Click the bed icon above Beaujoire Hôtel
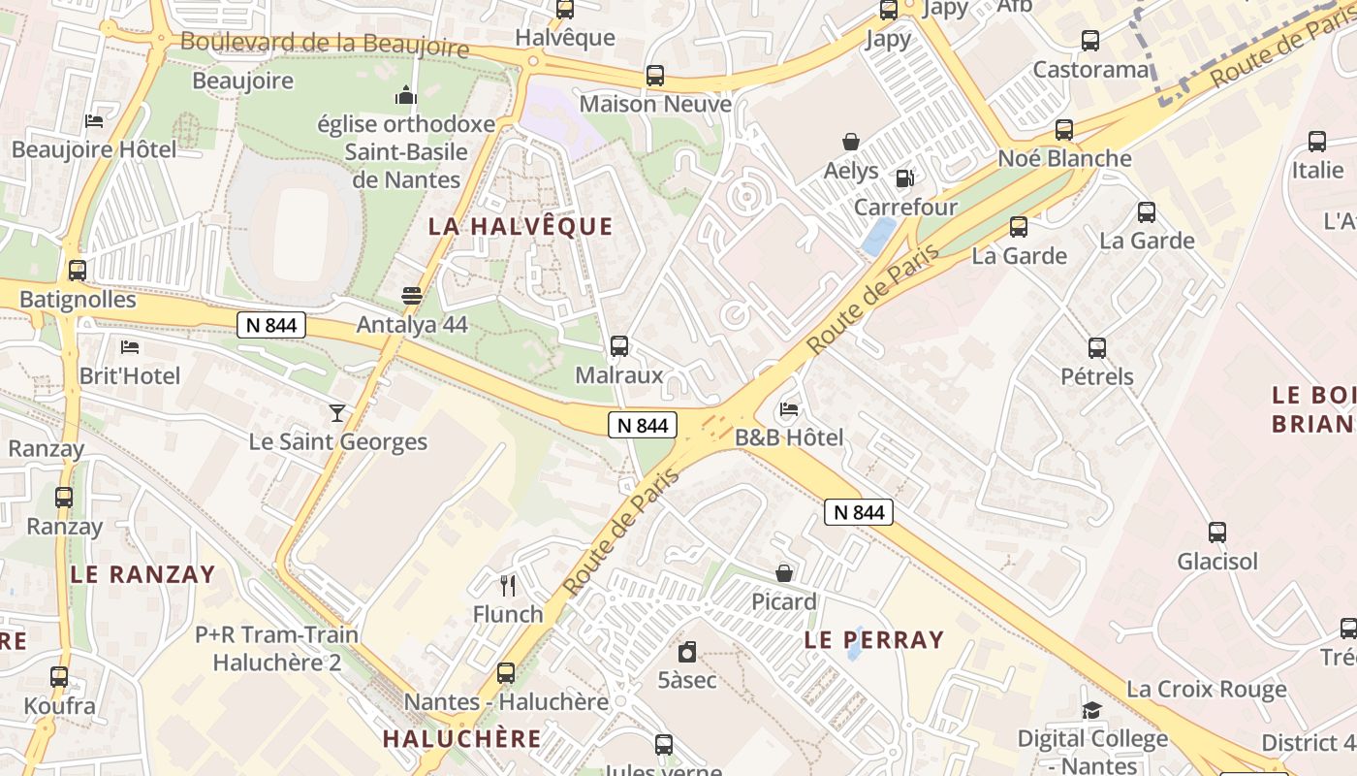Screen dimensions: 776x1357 tap(94, 121)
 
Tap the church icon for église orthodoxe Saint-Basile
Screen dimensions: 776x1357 tap(406, 95)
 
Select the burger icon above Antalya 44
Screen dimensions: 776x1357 tap(412, 296)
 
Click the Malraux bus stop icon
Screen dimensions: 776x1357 tap(619, 345)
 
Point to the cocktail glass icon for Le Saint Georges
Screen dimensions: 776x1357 tap(336, 413)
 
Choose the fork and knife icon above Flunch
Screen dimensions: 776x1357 tap(507, 585)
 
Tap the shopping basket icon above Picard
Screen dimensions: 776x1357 tap(784, 573)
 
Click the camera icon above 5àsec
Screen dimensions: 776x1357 tap(687, 651)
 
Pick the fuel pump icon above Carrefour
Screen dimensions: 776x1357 tap(904, 178)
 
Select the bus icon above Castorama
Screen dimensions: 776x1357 tap(1090, 41)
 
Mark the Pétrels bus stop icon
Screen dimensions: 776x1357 tap(1097, 347)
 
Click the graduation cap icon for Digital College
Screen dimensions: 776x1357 tap(1092, 710)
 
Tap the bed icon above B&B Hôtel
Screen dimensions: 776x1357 tap(789, 409)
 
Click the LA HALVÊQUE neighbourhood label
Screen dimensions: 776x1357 tap(521, 227)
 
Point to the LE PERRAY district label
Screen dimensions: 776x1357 tap(873, 639)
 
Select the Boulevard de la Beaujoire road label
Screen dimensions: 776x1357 tap(325, 45)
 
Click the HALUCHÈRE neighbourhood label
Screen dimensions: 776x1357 tap(461, 738)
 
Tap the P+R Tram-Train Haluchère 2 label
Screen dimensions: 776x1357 tap(276, 649)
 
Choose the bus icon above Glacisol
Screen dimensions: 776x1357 tap(1217, 533)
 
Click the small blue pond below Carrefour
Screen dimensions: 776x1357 tap(879, 237)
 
